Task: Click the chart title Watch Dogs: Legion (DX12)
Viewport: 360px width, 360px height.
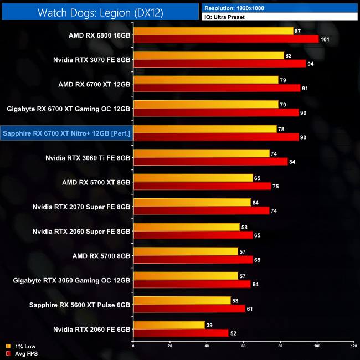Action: pyautogui.click(x=100, y=12)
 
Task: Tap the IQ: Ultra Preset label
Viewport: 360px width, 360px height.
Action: pyautogui.click(x=224, y=17)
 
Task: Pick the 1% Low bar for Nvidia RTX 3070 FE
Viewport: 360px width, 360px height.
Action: pyautogui.click(x=208, y=55)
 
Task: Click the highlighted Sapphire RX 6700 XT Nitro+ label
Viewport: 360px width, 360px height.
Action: pyautogui.click(x=66, y=133)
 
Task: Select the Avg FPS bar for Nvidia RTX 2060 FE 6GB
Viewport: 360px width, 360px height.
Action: pyautogui.click(x=181, y=333)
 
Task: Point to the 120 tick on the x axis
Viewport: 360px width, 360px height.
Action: pyautogui.click(x=353, y=346)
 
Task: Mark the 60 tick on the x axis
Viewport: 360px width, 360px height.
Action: pyautogui.click(x=243, y=346)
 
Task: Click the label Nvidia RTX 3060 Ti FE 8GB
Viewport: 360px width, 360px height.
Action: pyautogui.click(x=88, y=157)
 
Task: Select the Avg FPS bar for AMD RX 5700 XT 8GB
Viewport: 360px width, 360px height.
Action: pyautogui.click(x=202, y=186)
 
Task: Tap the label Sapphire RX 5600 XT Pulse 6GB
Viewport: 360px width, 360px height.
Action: pyautogui.click(x=80, y=305)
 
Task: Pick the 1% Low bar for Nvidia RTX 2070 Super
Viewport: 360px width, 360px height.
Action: pyautogui.click(x=192, y=203)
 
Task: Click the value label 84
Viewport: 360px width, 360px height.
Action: pyautogui.click(x=295, y=162)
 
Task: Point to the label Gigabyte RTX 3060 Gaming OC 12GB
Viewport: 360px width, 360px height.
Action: pyautogui.click(x=71, y=280)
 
